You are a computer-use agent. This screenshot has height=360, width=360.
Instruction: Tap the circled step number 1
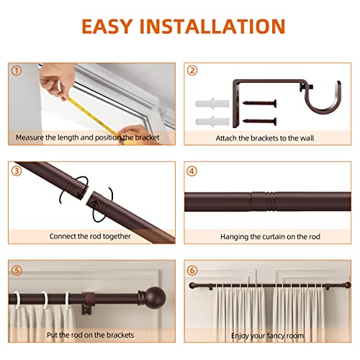(x=16, y=71)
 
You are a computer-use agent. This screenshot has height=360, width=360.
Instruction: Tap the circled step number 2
(x=192, y=71)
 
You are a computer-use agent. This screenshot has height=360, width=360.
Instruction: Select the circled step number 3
(x=16, y=171)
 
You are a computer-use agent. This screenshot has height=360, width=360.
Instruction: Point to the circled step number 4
(x=192, y=171)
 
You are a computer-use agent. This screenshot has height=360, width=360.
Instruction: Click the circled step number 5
(x=16, y=271)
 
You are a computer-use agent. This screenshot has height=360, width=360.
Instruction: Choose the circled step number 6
(x=192, y=271)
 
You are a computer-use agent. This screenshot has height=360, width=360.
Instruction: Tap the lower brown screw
(x=255, y=118)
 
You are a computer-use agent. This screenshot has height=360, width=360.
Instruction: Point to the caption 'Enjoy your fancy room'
(x=267, y=336)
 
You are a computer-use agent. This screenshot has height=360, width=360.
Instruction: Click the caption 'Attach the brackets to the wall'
(x=267, y=136)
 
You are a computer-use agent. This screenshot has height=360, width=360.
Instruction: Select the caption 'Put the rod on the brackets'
(x=90, y=336)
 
